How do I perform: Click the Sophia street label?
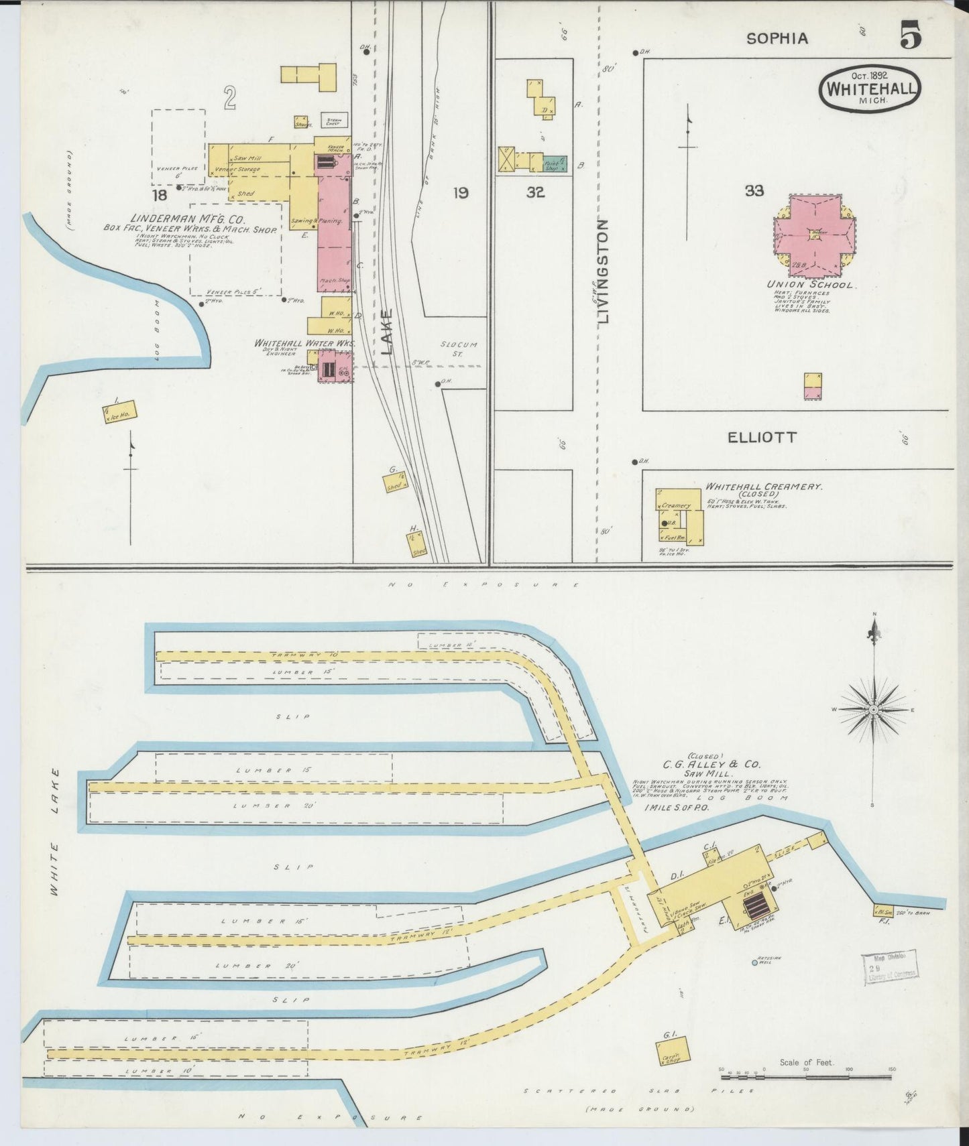(777, 39)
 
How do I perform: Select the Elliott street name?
(762, 438)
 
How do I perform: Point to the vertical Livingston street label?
(602, 271)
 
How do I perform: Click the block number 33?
(754, 191)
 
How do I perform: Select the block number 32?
(535, 193)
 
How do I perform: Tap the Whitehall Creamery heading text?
(763, 487)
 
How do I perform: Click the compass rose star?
(874, 708)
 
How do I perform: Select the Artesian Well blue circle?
(754, 962)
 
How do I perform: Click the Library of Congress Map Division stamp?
(890, 967)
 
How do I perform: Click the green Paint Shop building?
(555, 163)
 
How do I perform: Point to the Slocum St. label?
(459, 348)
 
